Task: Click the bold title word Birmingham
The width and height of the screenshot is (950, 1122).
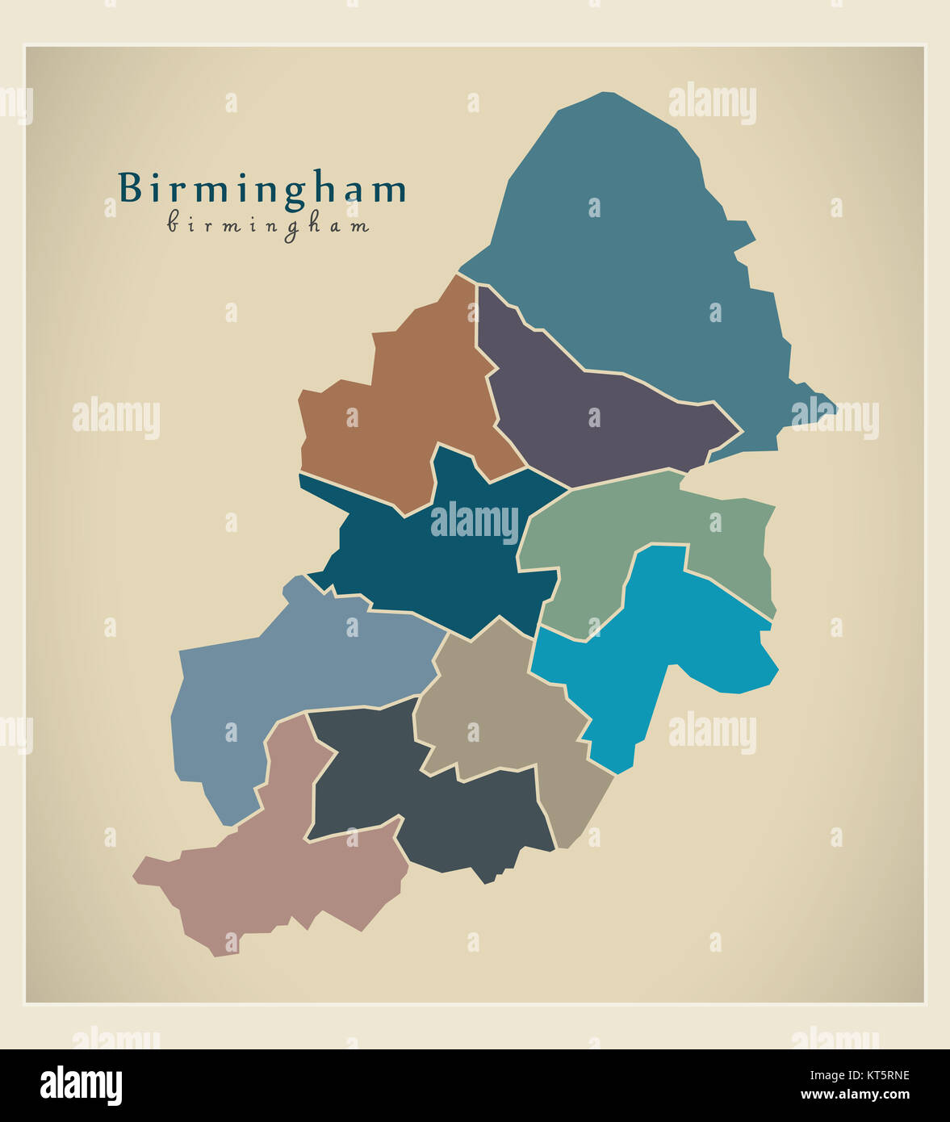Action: click(262, 188)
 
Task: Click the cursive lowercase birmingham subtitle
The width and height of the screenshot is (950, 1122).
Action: click(268, 224)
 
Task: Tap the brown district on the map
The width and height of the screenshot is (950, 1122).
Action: click(404, 404)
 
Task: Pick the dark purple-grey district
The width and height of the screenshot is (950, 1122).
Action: click(597, 420)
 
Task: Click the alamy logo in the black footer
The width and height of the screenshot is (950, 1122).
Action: click(81, 1086)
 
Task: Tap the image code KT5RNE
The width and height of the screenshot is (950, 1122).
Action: click(877, 1075)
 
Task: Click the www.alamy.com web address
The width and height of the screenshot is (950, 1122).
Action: click(855, 1095)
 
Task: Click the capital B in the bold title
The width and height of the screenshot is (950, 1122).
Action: click(129, 188)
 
